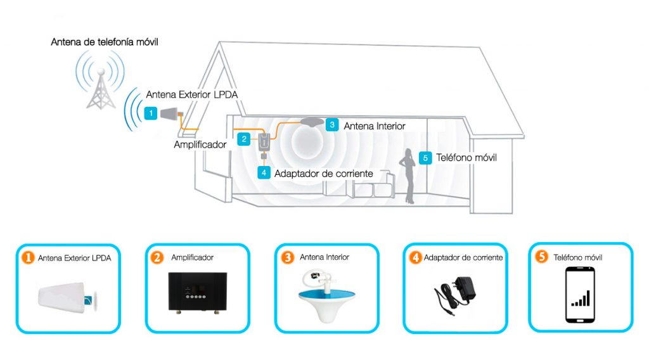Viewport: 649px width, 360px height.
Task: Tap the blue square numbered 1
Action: click(151, 113)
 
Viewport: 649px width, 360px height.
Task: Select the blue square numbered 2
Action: click(244, 139)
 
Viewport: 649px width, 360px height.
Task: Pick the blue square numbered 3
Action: click(332, 125)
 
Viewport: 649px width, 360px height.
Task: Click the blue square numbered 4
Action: click(264, 172)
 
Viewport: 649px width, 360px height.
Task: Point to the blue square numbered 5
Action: click(425, 158)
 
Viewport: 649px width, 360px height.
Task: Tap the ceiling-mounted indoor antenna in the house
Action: click(312, 122)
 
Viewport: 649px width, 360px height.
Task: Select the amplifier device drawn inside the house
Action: click(264, 142)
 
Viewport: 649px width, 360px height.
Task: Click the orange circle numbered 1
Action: click(28, 257)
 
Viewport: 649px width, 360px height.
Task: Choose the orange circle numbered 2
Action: click(157, 257)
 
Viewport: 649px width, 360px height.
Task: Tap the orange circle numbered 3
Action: click(287, 257)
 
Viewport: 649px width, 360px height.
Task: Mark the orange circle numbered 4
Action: click(415, 257)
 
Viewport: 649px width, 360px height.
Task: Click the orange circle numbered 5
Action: click(541, 257)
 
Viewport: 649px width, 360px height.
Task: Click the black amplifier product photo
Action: click(198, 292)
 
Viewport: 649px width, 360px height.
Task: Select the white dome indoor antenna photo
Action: click(326, 295)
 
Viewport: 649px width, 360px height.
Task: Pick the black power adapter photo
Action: click(454, 294)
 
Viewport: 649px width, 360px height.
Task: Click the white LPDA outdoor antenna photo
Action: click(68, 297)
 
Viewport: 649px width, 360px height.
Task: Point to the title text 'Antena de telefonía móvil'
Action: click(105, 42)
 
